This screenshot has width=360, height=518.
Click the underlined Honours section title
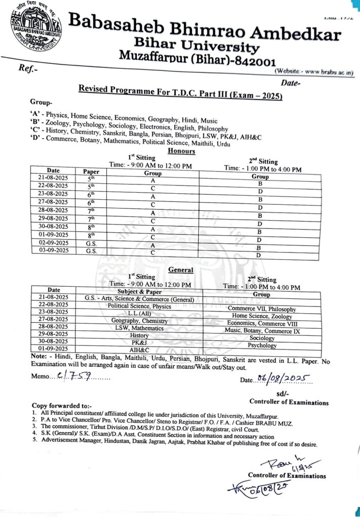(181, 151)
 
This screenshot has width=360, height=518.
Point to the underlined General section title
(180, 270)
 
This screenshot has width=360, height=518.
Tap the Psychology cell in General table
(262, 346)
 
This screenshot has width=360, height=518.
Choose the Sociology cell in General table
(262, 338)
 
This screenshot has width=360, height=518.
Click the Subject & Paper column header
(139, 291)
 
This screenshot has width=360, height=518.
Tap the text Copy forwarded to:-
(62, 405)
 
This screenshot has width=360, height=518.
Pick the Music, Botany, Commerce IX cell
(262, 330)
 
